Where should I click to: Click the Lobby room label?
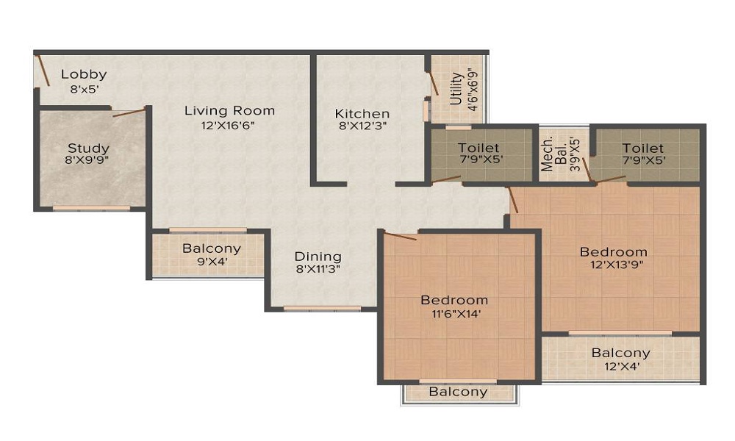tap(84, 74)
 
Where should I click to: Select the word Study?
tap(88, 148)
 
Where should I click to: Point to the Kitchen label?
tap(362, 114)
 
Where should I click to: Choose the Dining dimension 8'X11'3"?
tap(318, 269)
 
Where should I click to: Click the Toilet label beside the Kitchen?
tap(478, 148)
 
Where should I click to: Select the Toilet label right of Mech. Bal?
tap(642, 148)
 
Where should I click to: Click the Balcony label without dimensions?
tap(458, 392)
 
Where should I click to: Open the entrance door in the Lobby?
tap(43, 71)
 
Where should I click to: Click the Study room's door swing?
tap(129, 113)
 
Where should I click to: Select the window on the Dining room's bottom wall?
tap(312, 309)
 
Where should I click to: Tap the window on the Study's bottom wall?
tap(91, 208)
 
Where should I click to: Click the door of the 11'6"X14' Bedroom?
tap(401, 237)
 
